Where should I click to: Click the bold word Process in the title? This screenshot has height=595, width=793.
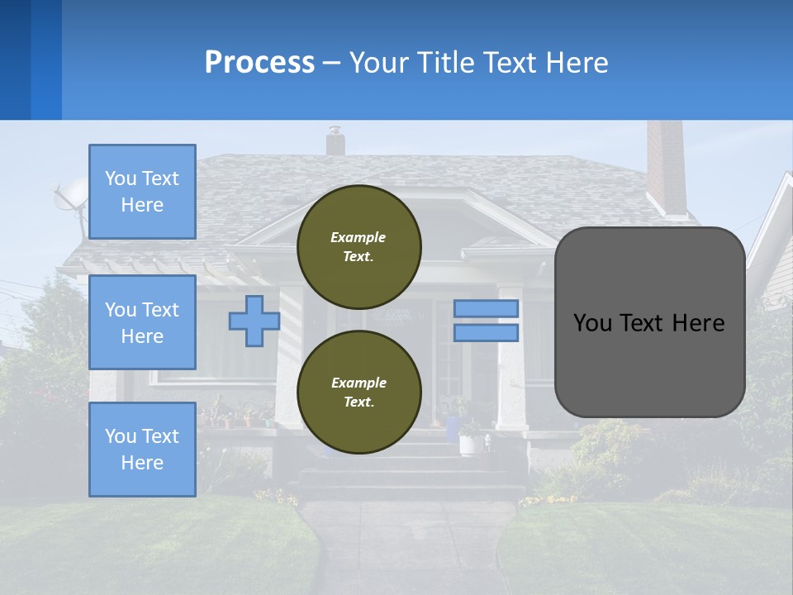259,63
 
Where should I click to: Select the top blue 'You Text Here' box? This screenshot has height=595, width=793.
142,192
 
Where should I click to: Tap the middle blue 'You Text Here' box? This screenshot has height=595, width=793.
142,322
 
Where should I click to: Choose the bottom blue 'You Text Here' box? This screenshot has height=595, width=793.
142,450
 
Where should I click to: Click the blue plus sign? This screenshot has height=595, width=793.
254,321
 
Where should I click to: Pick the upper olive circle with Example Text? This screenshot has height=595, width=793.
359,246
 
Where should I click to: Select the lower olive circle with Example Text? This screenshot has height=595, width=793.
359,392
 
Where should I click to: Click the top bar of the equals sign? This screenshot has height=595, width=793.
487,308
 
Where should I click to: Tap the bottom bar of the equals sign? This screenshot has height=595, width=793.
487,333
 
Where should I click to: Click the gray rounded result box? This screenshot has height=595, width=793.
649,322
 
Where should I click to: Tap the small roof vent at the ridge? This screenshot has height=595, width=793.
335,141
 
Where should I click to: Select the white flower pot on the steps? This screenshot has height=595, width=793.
471,444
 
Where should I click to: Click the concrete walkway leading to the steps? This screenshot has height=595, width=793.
405,545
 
